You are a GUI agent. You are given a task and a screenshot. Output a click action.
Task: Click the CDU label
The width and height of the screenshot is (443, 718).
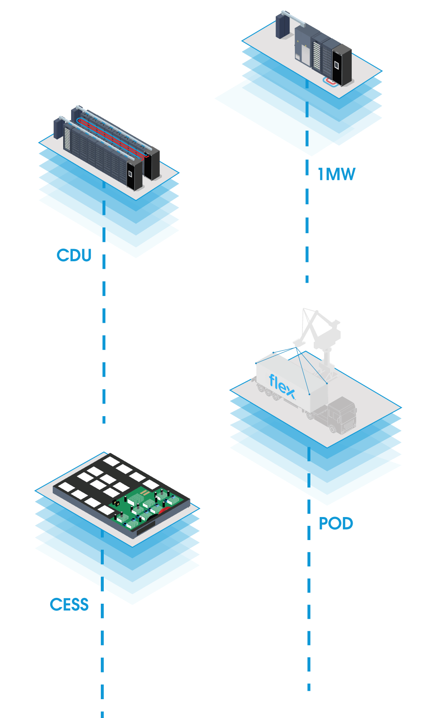[74, 255]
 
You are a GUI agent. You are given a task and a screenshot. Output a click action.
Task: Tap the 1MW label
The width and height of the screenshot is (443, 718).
[336, 174]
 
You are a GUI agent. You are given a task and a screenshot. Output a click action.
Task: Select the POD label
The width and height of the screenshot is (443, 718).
[336, 523]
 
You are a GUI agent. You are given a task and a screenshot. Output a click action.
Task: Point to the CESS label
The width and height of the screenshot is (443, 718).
[69, 605]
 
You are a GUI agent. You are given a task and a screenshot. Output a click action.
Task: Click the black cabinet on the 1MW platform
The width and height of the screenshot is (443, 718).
[342, 65]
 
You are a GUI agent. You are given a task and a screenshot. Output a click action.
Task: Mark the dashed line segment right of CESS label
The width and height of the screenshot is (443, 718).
[102, 611]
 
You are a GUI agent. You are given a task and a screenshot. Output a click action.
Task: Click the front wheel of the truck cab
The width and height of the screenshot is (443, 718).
[333, 428]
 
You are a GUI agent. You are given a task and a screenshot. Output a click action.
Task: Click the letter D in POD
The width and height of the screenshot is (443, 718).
[347, 523]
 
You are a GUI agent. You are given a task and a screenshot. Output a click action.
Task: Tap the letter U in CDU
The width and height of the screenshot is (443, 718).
[85, 255]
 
